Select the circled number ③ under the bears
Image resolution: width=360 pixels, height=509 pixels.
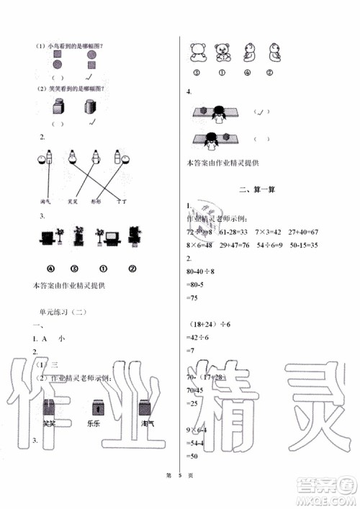(x=196, y=72)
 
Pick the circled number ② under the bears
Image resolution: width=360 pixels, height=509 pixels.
(x=269, y=72)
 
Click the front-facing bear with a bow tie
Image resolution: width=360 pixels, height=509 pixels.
(x=222, y=53)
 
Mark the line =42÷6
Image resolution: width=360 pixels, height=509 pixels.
(x=196, y=338)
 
